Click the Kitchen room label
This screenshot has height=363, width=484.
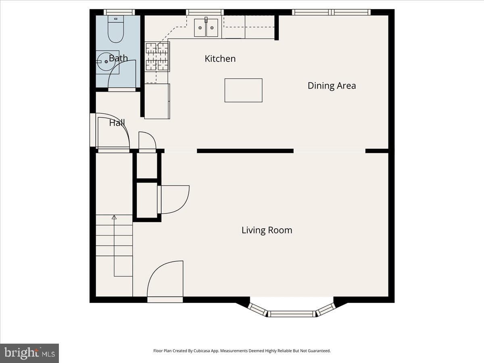point(220,58)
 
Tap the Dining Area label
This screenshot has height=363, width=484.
point(332,86)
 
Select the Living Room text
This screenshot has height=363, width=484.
point(267,230)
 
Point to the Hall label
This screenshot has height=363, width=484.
point(117,123)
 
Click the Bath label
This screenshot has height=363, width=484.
point(119,58)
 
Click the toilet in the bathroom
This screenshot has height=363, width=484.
point(116,29)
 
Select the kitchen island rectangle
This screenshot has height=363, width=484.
point(244,90)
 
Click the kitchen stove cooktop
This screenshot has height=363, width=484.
point(157,56)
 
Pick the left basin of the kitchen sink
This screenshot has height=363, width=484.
point(200,28)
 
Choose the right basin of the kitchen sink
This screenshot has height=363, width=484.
point(212,28)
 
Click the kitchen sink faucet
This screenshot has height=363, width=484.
point(206,20)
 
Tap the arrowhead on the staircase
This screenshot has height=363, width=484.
point(114,217)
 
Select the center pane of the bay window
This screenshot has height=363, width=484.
point(292,314)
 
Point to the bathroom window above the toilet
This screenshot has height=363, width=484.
point(119,12)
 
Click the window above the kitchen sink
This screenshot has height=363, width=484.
point(205,12)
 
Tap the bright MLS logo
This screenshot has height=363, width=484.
point(29,353)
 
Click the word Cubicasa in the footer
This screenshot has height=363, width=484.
point(202,351)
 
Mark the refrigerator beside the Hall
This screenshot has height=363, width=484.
point(157,101)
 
